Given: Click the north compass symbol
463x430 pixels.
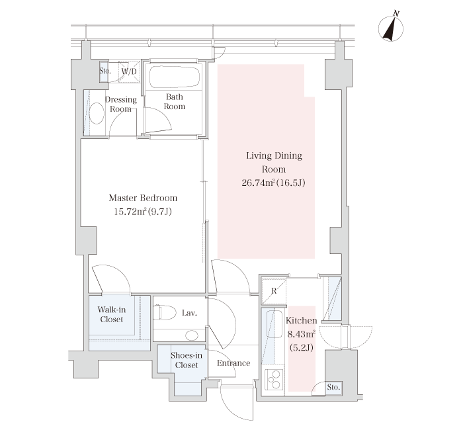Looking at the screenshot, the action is point(391,28).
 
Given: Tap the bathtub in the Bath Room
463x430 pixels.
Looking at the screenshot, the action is point(175,77).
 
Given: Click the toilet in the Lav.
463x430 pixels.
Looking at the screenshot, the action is point(165,312).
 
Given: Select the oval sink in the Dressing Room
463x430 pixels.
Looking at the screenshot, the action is point(97,113).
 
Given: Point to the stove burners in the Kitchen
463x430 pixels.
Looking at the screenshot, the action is point(274,379).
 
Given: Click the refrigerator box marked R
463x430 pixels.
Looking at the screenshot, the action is point(274,291).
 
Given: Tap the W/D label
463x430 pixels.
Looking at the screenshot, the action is point(129,71).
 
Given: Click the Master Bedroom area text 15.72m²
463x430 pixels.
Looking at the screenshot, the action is point(130,212).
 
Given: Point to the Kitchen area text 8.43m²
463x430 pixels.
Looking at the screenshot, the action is point(301,334).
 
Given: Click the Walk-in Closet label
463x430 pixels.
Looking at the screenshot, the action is point(112,314).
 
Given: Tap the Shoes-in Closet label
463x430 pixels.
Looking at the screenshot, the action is point(187,360).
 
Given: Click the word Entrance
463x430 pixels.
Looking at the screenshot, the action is point(233,363).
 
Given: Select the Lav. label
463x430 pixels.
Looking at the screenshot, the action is point(189,313).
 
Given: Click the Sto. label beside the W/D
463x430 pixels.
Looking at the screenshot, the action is point(105,71).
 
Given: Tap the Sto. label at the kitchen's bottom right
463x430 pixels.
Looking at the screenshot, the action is point(333,386).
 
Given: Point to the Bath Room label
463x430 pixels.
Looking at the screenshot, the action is point(175,101).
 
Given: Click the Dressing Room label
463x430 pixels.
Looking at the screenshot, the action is point(121,104).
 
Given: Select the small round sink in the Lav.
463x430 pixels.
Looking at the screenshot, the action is point(192,335).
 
